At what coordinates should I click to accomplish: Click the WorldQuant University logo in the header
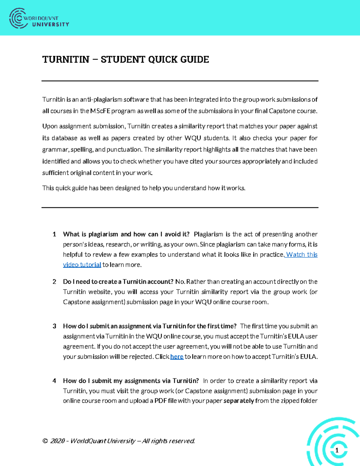pyautogui.click(x=39, y=19)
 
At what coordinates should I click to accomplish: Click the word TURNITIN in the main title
pyautogui.click(x=66, y=59)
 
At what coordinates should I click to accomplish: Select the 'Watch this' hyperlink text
pyautogui.click(x=302, y=254)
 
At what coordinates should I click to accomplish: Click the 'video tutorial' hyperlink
pyautogui.click(x=82, y=265)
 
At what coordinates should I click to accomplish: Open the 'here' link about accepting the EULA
pyautogui.click(x=177, y=356)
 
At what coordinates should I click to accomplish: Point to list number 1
pyautogui.click(x=54, y=234)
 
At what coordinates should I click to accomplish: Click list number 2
pyautogui.click(x=54, y=281)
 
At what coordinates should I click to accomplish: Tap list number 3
pyautogui.click(x=54, y=326)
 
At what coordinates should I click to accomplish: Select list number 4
pyautogui.click(x=54, y=380)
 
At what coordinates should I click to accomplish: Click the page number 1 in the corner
pyautogui.click(x=337, y=450)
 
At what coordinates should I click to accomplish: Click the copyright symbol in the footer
pyautogui.click(x=45, y=441)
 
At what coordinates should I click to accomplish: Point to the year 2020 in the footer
pyautogui.click(x=58, y=441)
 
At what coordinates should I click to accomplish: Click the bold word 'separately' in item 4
pyautogui.click(x=238, y=401)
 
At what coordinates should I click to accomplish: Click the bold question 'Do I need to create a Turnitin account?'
pyautogui.click(x=118, y=281)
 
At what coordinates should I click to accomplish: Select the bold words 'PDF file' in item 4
pyautogui.click(x=165, y=401)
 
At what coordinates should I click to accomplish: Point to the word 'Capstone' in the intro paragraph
pyautogui.click(x=282, y=111)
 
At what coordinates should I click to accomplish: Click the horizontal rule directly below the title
pyautogui.click(x=180, y=81)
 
